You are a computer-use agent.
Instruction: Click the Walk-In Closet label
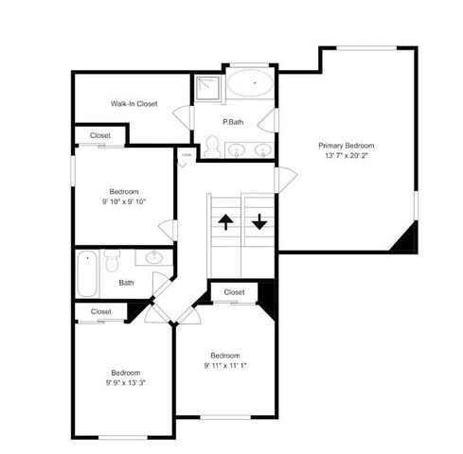(x=134, y=104)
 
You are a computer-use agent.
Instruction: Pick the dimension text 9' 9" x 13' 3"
(x=125, y=382)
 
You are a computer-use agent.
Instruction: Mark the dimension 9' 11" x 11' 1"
(x=225, y=366)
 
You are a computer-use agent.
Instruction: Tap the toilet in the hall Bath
(x=112, y=259)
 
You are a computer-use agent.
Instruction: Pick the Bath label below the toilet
(x=126, y=282)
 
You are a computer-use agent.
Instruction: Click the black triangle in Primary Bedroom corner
(x=407, y=238)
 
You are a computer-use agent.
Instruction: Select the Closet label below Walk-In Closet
(x=100, y=135)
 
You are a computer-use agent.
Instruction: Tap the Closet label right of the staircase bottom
(x=235, y=292)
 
